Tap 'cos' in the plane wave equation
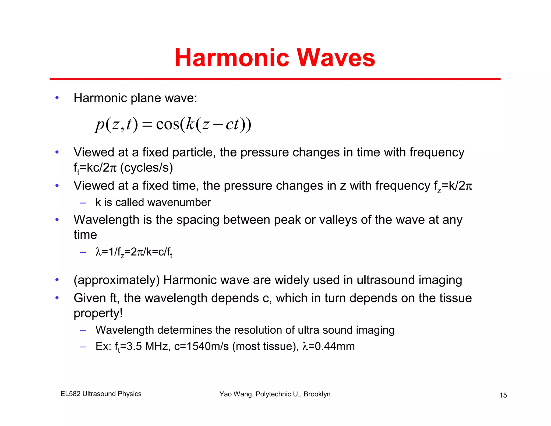point(167,124)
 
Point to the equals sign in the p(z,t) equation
point(147,125)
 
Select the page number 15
point(503,395)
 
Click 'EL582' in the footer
point(70,394)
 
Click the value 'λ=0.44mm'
point(329,346)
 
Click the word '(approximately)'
point(116,280)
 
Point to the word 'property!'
point(98,313)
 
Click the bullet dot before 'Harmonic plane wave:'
point(57,98)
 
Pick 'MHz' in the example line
point(156,346)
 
